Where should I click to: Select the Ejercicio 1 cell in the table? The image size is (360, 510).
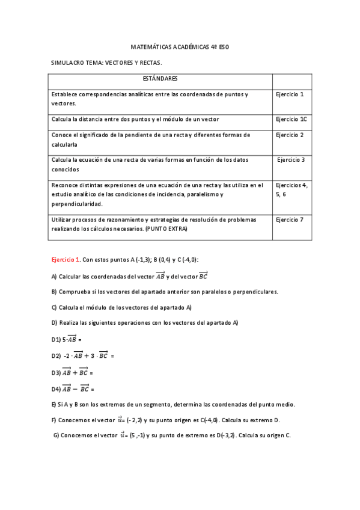290,94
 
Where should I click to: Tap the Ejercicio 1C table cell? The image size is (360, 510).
291,119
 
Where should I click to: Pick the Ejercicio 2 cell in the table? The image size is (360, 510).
290,135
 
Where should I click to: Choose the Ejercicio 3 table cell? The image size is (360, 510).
291,160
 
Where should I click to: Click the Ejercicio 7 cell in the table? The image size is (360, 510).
290,220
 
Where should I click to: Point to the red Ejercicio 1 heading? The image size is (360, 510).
66,260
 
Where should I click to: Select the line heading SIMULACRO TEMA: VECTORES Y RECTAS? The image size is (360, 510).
107,62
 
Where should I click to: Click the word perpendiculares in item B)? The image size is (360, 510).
257,292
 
